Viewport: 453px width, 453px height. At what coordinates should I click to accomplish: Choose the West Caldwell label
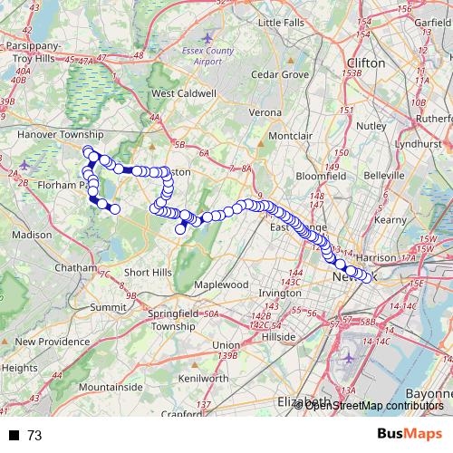click(184, 93)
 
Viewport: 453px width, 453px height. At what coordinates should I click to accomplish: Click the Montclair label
click(290, 136)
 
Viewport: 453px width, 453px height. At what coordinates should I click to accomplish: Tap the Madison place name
click(33, 234)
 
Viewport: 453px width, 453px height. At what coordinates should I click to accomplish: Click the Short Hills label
click(149, 273)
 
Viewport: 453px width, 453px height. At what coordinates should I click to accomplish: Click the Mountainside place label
click(111, 387)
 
